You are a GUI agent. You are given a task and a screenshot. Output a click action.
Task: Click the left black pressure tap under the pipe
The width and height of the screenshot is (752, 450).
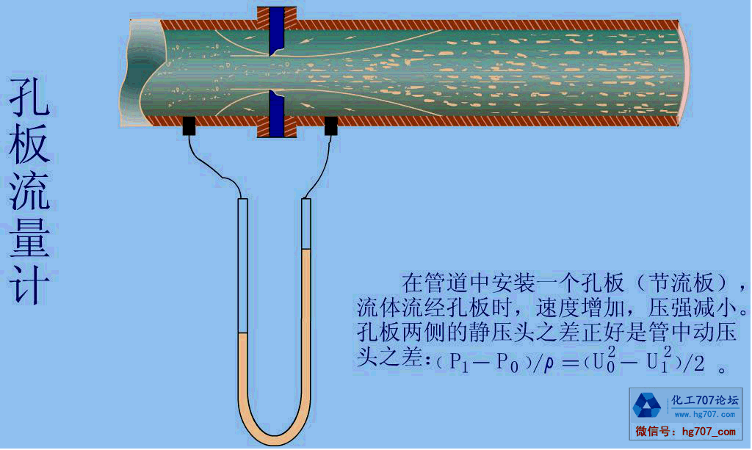pyautogui.click(x=189, y=126)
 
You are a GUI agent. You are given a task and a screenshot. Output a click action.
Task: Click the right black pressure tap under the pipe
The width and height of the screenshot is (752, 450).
pyautogui.click(x=330, y=126)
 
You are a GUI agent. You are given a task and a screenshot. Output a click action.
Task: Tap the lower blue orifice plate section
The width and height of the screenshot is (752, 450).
pyautogui.click(x=277, y=113)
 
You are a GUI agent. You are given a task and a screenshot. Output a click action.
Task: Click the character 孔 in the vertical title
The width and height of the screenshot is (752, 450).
pyautogui.click(x=30, y=95)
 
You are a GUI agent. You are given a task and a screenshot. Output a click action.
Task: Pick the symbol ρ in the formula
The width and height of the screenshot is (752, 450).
pyautogui.click(x=549, y=363)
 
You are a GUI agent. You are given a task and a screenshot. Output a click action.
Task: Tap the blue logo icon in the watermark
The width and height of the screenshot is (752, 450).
pyautogui.click(x=647, y=405)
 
